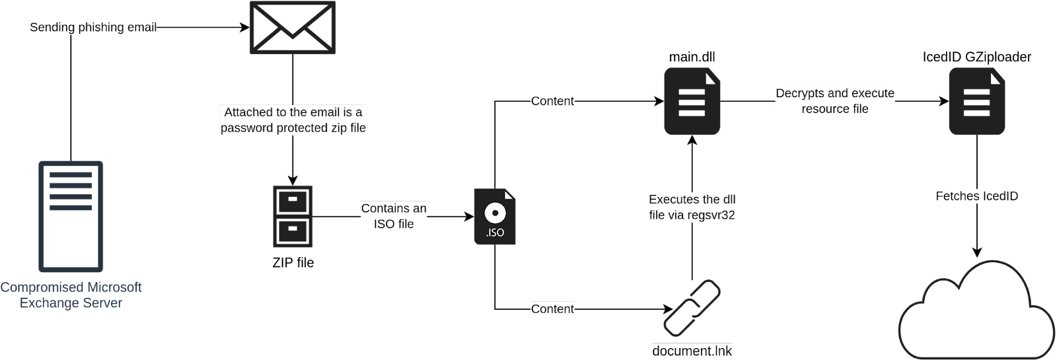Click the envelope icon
click(x=292, y=27)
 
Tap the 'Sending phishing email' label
click(x=93, y=28)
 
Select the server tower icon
click(x=71, y=216)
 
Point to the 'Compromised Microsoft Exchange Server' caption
click(x=71, y=295)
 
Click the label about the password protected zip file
click(x=293, y=120)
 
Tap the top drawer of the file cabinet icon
click(x=293, y=201)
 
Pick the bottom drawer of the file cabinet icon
click(x=293, y=231)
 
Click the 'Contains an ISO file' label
click(x=394, y=216)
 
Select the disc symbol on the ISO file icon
click(x=494, y=213)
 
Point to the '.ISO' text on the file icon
click(x=495, y=233)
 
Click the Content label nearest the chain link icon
click(x=552, y=309)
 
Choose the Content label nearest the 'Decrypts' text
click(x=552, y=101)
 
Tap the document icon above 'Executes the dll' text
click(x=692, y=101)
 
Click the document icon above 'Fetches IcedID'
click(x=976, y=101)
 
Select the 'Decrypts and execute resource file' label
click(x=835, y=101)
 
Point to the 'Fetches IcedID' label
click(x=977, y=196)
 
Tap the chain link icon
click(x=692, y=307)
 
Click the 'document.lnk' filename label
click(x=692, y=351)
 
